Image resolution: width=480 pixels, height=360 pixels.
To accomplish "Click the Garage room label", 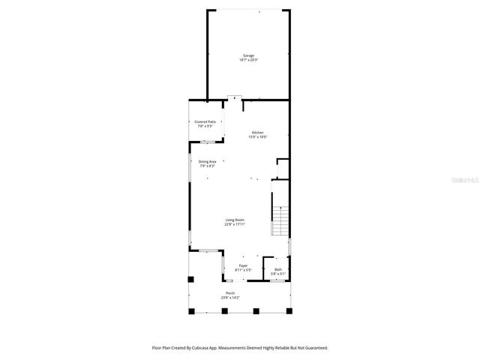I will coord(247,55).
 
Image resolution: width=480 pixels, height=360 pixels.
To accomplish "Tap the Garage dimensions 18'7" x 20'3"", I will coord(247,60).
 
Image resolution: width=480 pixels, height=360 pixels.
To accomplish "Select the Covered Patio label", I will coord(205,121).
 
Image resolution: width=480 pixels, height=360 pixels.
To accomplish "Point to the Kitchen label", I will coord(257,133).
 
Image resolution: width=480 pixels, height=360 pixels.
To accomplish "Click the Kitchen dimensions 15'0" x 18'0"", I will coord(257,137).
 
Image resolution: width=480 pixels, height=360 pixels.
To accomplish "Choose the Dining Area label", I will coord(208,161).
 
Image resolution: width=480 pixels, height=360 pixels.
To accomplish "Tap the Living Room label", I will coord(235,220).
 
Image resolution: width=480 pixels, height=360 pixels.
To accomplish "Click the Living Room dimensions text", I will coord(235,224).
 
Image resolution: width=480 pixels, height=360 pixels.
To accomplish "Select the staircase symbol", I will coord(280,220).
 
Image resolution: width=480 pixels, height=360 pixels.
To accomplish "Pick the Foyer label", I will coord(243,265).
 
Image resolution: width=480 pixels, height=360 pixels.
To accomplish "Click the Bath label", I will coord(278,269).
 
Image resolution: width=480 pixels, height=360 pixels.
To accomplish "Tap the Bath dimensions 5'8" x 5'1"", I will coord(278,274).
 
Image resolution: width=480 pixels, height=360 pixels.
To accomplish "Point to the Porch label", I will coord(230,293).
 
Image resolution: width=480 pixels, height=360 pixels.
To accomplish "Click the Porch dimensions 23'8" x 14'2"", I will coord(230,298).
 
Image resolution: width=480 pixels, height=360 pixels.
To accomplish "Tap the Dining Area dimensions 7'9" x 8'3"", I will coord(208,166).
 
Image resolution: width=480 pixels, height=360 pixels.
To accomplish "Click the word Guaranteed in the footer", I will coord(314,348).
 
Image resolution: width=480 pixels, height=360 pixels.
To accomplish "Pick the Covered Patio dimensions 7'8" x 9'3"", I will coord(205,126).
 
